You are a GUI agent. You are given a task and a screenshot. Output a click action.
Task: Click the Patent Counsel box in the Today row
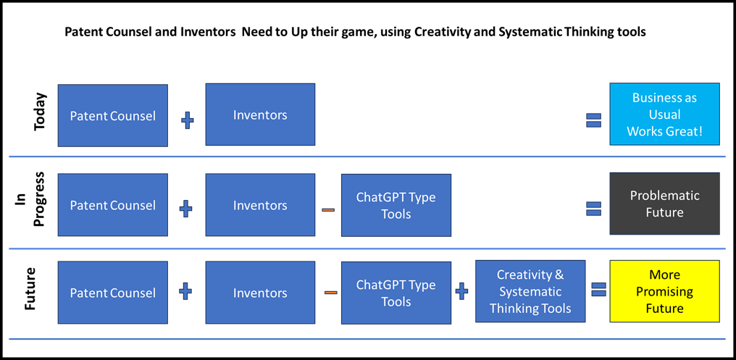[x=113, y=115]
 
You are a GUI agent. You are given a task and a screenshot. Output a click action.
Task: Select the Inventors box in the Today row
[x=260, y=114]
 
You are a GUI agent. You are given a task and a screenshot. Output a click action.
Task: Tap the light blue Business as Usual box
[x=664, y=114]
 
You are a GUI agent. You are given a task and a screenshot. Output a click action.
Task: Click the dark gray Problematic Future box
[x=664, y=204]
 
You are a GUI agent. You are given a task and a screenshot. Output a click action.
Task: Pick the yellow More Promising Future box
[x=664, y=291]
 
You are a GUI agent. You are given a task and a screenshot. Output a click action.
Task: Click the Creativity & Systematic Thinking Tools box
[x=530, y=291]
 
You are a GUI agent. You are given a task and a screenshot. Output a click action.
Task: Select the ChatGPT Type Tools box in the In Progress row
[x=396, y=205]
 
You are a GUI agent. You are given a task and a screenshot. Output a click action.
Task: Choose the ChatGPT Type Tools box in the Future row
[x=396, y=293]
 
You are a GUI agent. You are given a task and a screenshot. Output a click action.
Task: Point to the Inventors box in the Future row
[x=260, y=293]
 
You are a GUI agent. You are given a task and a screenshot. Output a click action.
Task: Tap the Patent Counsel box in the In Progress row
[x=113, y=205]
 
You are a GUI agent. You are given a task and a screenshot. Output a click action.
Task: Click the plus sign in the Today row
[x=188, y=122]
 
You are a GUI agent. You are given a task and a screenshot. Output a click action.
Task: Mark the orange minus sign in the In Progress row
[x=328, y=209]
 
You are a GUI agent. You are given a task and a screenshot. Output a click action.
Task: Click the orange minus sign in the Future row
[x=331, y=293]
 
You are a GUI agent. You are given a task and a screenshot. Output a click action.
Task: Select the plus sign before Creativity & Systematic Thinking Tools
[x=462, y=292]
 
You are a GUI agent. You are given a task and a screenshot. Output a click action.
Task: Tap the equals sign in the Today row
[x=593, y=121]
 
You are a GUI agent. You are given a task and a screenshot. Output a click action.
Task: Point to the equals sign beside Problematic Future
[x=593, y=209]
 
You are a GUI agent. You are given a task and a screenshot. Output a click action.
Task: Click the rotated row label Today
[x=41, y=112]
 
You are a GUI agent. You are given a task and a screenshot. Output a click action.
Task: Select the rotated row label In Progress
[x=33, y=198]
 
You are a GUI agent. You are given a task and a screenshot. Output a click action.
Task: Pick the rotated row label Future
[x=30, y=289]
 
